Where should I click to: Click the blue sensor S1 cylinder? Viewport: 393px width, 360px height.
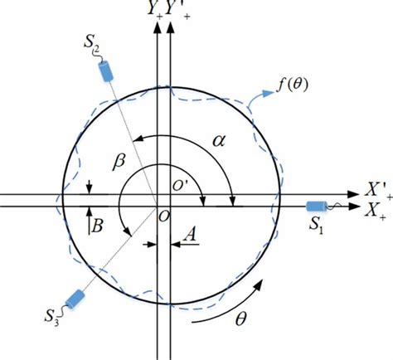[317, 207]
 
